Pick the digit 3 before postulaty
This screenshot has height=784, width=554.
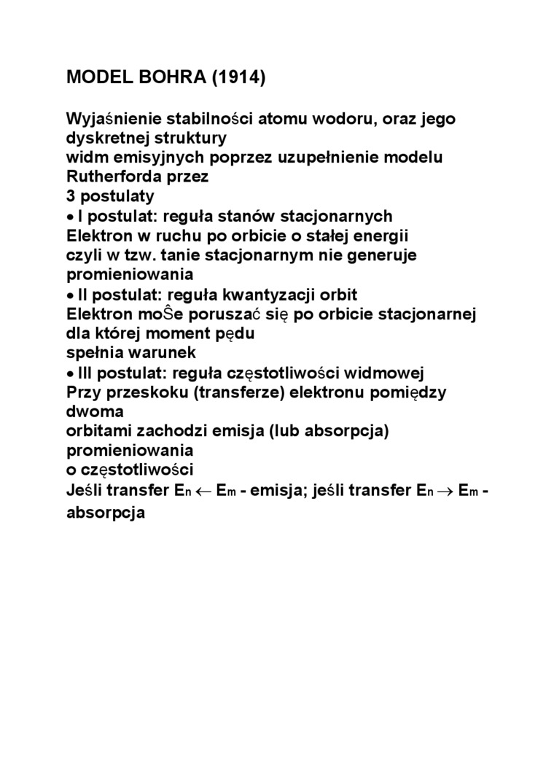(71, 196)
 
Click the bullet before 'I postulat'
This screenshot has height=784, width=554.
(70, 217)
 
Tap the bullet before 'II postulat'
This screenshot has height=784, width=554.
(70, 295)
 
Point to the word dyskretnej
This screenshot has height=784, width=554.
(104, 138)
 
